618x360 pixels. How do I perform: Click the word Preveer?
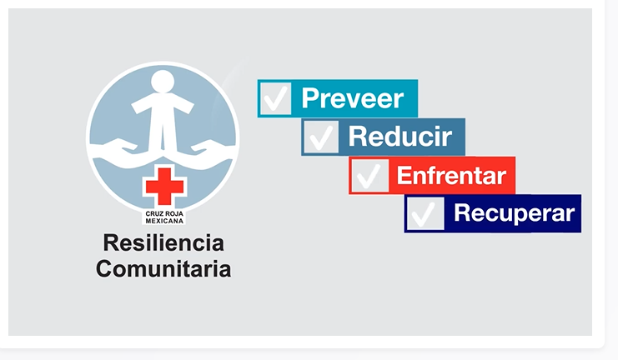point(352,98)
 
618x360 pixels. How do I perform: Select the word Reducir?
point(400,137)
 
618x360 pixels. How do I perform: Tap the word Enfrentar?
point(451,175)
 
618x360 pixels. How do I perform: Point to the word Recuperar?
point(514,213)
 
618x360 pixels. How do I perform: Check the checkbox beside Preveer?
point(276,98)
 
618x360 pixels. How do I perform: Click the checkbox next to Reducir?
point(321,137)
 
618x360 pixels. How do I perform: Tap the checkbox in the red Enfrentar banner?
point(369,175)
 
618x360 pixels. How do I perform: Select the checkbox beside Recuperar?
point(425,213)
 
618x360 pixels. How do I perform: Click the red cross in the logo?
point(164,186)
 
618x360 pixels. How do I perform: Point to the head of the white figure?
point(163,82)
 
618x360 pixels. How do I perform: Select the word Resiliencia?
point(163,242)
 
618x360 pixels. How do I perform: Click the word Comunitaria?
point(163,268)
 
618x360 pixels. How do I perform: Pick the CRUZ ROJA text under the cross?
point(164,214)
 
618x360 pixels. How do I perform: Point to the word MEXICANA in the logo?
point(164,221)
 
